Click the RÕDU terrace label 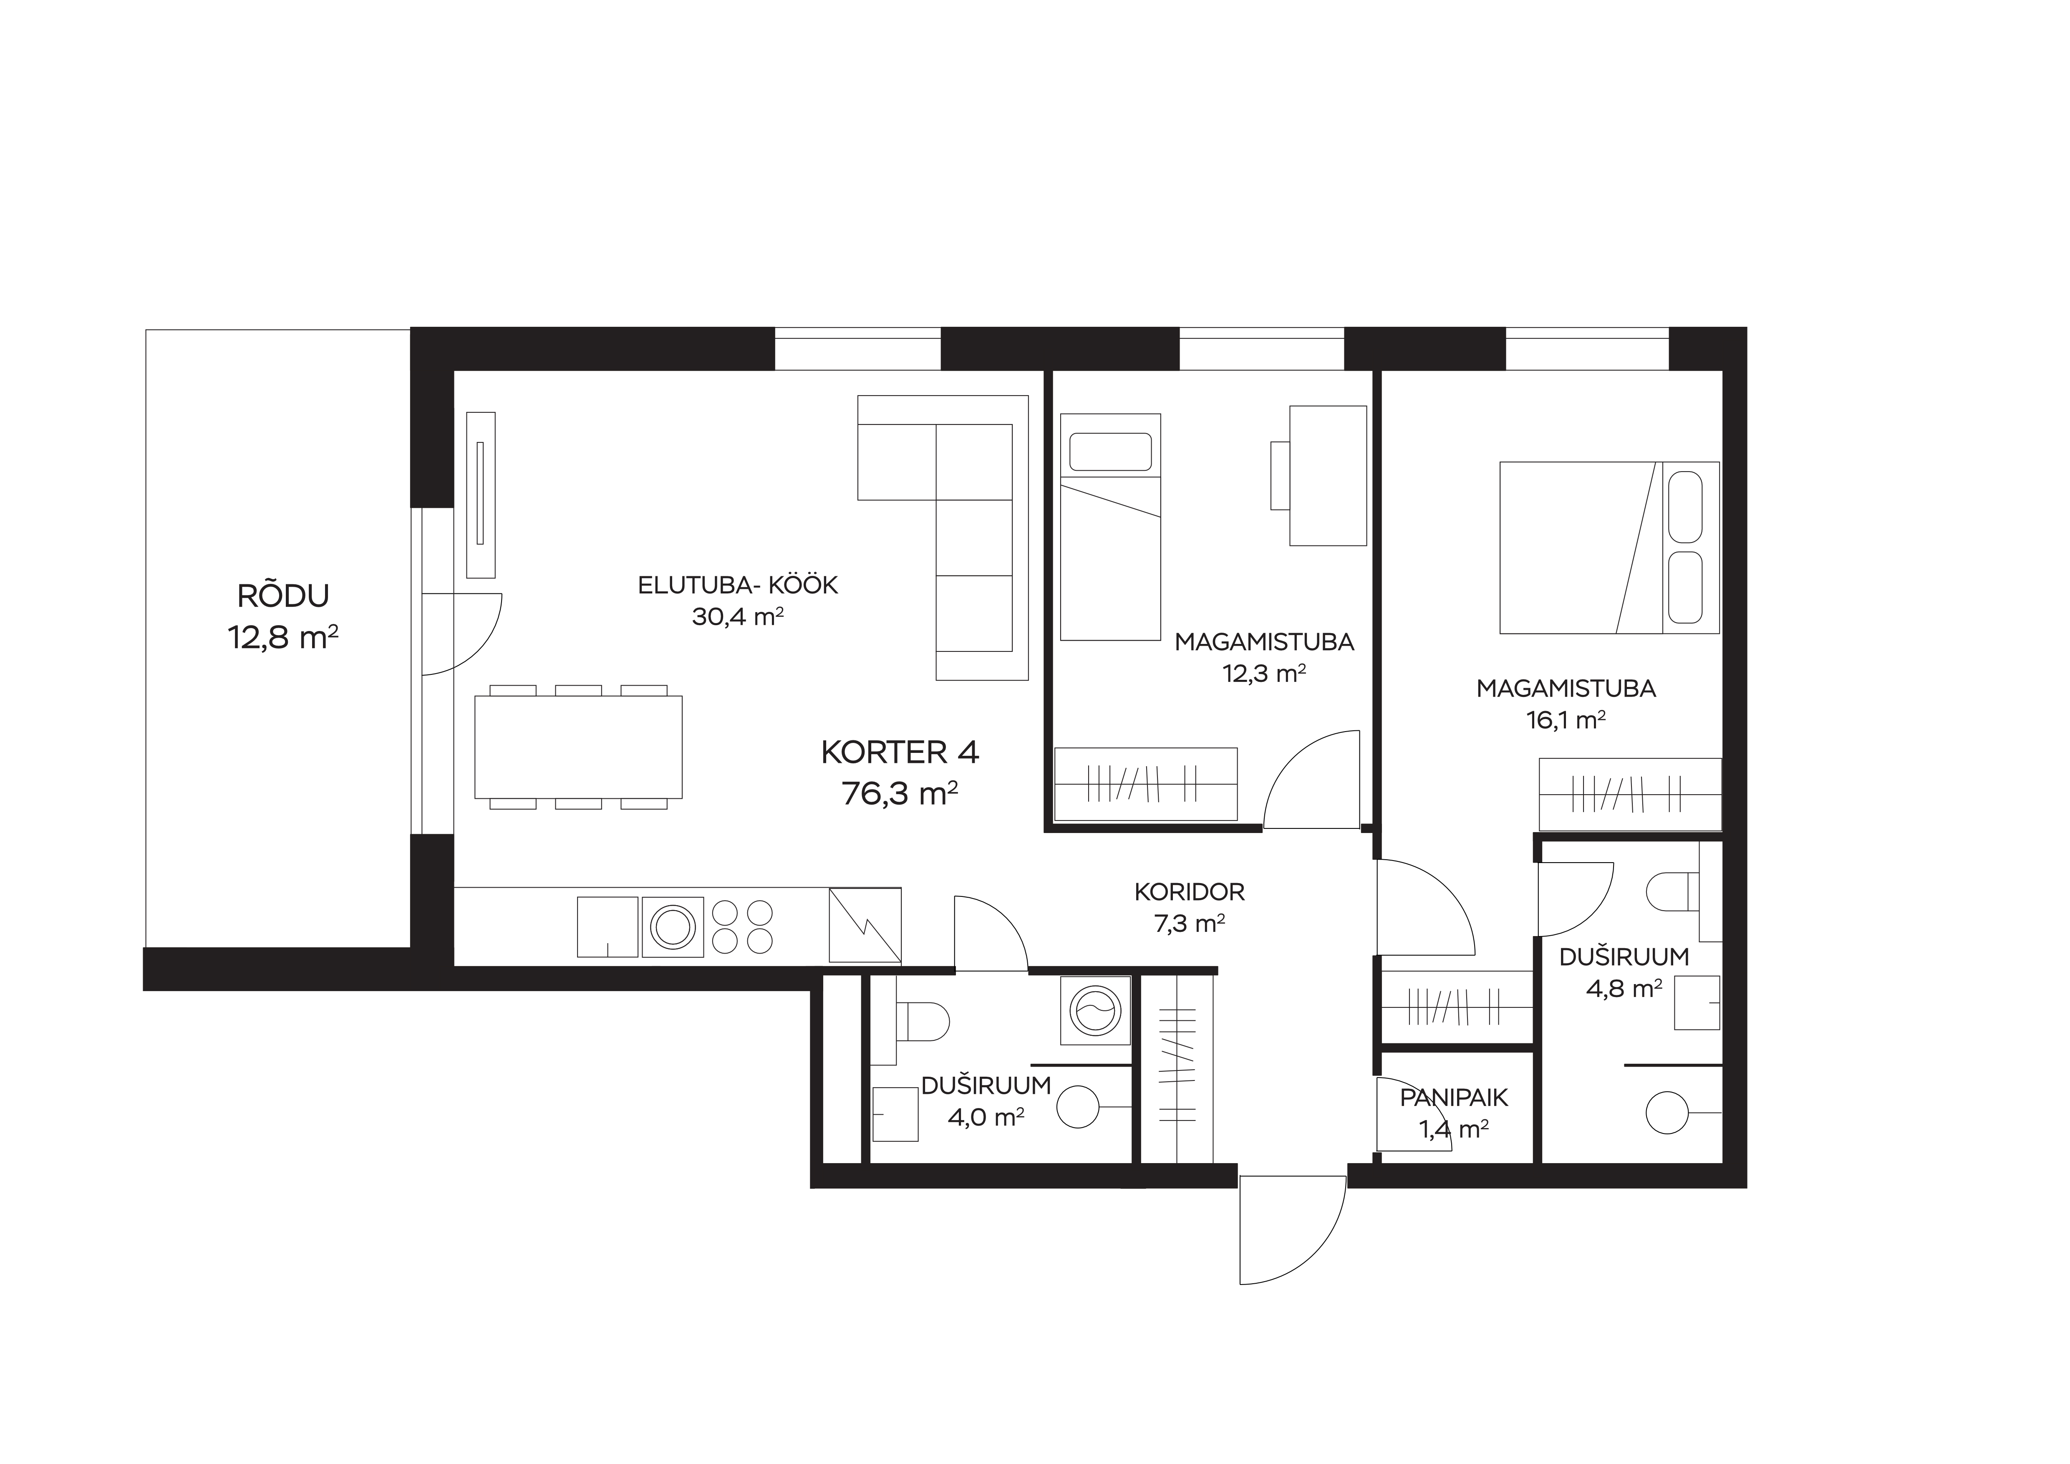pyautogui.click(x=283, y=596)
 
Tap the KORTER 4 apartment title pyautogui.click(x=900, y=752)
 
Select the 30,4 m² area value pyautogui.click(x=737, y=617)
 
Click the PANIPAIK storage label pyautogui.click(x=1453, y=1098)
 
